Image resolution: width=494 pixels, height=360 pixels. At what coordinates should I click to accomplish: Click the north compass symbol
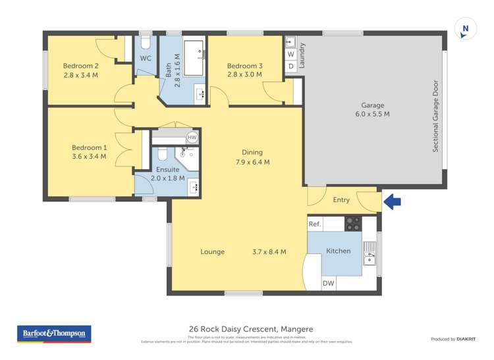coord(466,29)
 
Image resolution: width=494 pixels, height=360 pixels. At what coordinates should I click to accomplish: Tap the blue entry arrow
coord(392,201)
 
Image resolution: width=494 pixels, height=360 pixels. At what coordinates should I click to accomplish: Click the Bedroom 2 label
coord(80,66)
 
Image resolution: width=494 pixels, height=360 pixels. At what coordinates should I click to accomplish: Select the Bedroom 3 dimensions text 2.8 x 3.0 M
coord(244,75)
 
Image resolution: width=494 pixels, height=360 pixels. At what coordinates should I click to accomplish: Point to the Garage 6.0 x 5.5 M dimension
coord(372,115)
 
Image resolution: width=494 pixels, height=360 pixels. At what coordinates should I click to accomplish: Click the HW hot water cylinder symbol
coord(192,138)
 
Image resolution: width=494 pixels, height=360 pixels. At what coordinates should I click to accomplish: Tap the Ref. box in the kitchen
coord(315,224)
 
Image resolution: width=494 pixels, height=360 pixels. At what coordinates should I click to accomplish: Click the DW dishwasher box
coord(328,284)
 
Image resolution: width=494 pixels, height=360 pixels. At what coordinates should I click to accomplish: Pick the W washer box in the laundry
coord(290,55)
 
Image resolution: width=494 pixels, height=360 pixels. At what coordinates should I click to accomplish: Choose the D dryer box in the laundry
coord(290,66)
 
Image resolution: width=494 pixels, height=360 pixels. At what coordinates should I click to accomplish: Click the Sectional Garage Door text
coord(435,116)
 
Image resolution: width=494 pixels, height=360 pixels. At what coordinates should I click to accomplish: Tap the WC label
coord(146,59)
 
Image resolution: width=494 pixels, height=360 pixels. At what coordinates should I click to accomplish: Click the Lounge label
coord(213,252)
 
